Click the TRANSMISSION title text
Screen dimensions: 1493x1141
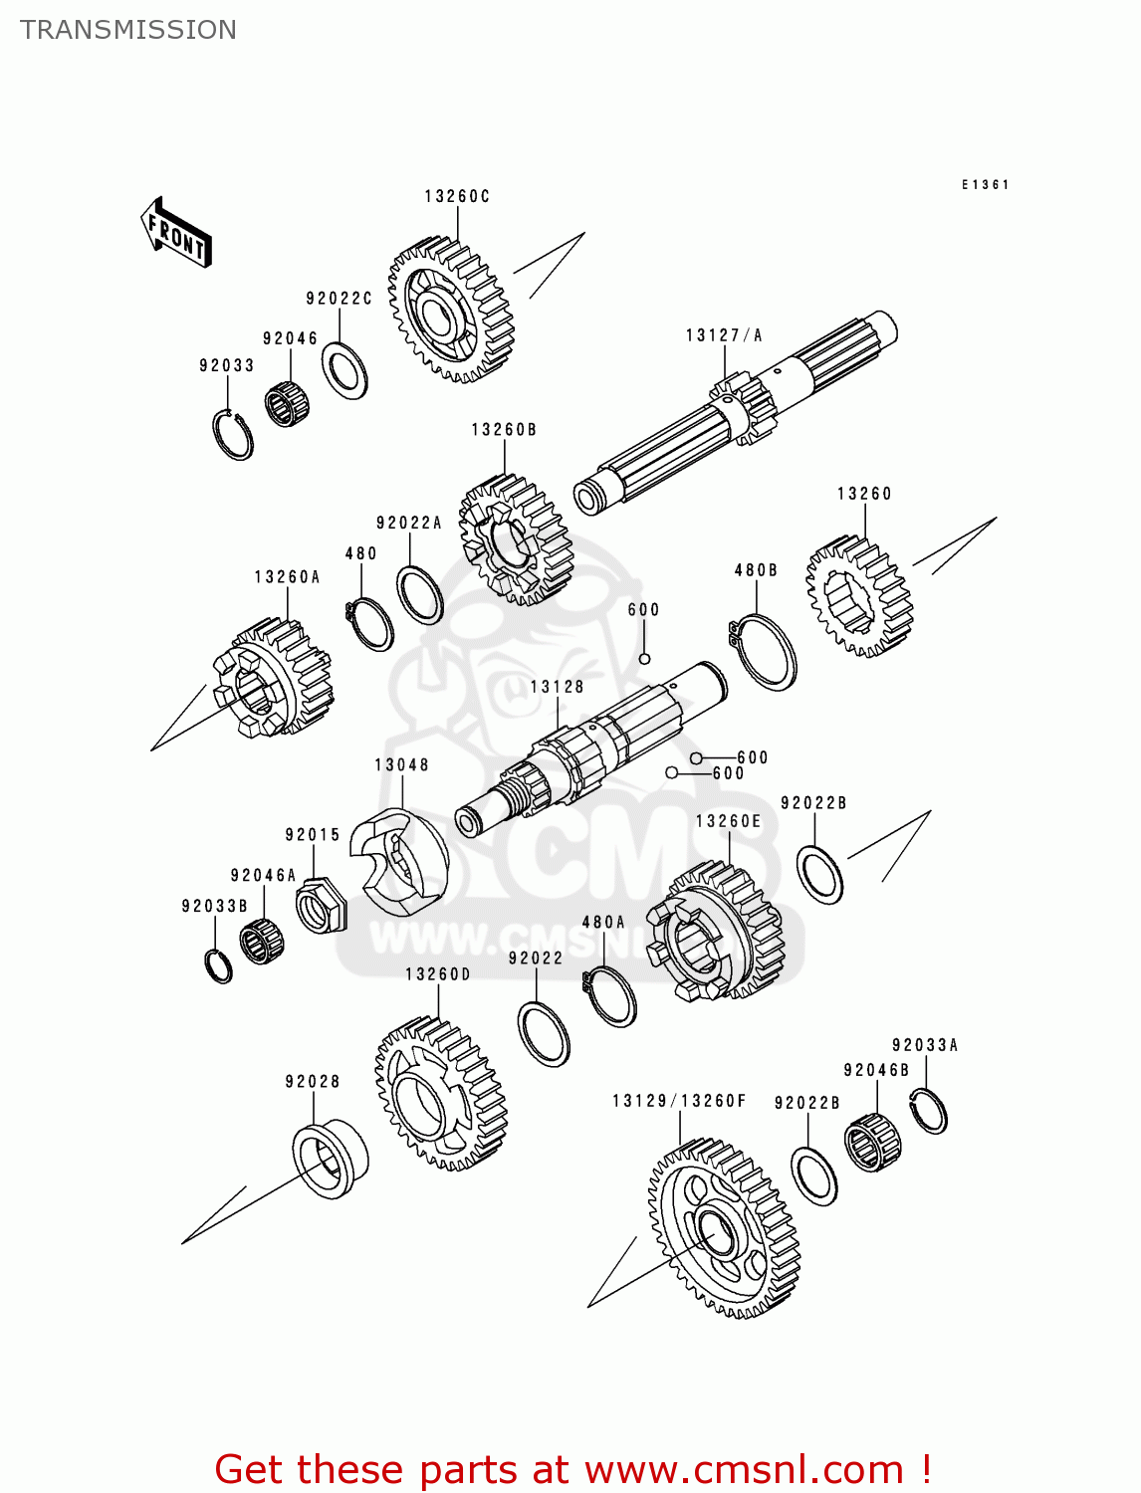click(x=128, y=30)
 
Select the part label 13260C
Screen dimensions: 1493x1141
click(x=457, y=197)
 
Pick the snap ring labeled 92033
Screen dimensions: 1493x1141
click(x=233, y=435)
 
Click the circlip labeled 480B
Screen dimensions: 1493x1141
click(x=764, y=652)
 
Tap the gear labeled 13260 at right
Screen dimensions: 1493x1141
click(x=859, y=596)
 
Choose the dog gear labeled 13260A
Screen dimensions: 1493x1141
click(x=272, y=679)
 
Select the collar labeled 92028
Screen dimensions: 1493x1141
click(x=330, y=1160)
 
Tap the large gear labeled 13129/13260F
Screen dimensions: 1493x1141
click(x=724, y=1229)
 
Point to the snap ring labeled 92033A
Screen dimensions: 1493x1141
click(x=929, y=1111)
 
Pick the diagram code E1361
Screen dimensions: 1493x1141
click(x=985, y=185)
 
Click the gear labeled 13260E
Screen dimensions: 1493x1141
click(x=714, y=931)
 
